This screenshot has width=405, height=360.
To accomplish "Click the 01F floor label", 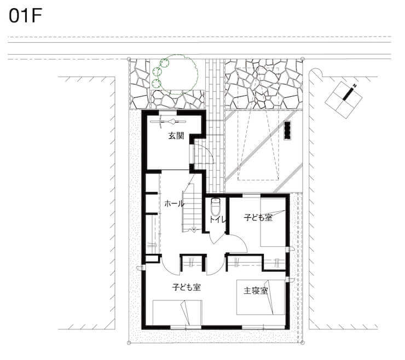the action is tap(25, 16).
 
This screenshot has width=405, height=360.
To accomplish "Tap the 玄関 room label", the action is tap(176, 136).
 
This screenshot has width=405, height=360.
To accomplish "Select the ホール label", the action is tap(175, 204).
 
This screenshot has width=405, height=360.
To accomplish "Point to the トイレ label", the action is tap(218, 219).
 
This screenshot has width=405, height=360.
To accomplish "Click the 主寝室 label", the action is tap(256, 291).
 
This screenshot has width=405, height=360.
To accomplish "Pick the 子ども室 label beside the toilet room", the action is tap(258, 217).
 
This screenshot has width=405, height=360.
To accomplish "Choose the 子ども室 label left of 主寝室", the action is tap(187, 287).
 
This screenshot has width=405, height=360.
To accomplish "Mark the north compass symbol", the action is tap(344, 100).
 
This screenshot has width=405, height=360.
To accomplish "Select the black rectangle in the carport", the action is tap(287, 130).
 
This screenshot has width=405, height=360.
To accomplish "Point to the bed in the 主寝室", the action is tap(261, 297).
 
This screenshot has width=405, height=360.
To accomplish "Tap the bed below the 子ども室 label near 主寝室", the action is tap(177, 313).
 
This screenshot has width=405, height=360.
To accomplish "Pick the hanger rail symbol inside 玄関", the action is tap(168, 121).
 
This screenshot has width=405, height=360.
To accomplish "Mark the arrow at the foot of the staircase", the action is tap(193, 229).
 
